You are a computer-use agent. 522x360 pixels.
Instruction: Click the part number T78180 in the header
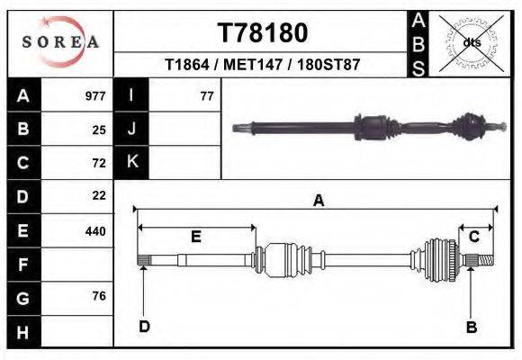263,33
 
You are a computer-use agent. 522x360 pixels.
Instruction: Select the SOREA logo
60,42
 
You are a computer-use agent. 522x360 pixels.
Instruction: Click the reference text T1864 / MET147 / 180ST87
263,66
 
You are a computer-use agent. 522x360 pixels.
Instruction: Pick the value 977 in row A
95,96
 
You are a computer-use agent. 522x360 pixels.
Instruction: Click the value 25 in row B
99,130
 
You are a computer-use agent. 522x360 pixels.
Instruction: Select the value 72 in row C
99,163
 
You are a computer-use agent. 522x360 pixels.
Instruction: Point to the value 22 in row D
99,195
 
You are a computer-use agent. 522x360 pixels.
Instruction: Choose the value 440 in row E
95,230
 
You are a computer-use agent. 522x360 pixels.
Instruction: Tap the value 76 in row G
99,296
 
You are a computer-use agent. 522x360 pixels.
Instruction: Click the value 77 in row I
206,96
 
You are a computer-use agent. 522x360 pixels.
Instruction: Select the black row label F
22,265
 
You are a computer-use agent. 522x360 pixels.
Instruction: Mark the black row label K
131,162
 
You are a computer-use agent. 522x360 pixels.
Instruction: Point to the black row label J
131,129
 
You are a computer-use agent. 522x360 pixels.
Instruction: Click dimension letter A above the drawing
318,202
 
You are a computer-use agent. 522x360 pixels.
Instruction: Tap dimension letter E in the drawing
195,237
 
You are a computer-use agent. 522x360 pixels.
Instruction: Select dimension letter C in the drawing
473,236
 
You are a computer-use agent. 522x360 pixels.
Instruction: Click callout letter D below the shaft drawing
144,326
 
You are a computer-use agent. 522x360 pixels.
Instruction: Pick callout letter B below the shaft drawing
471,328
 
